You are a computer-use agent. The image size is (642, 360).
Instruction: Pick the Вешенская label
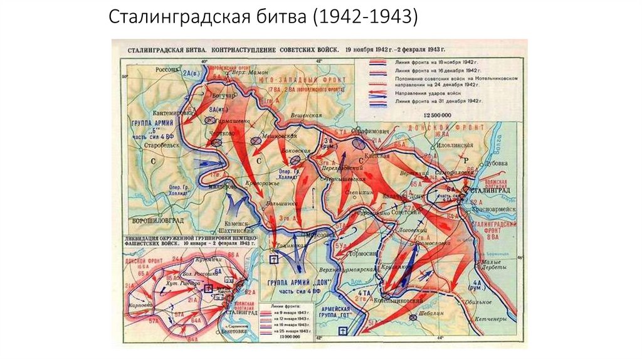[306, 115]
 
